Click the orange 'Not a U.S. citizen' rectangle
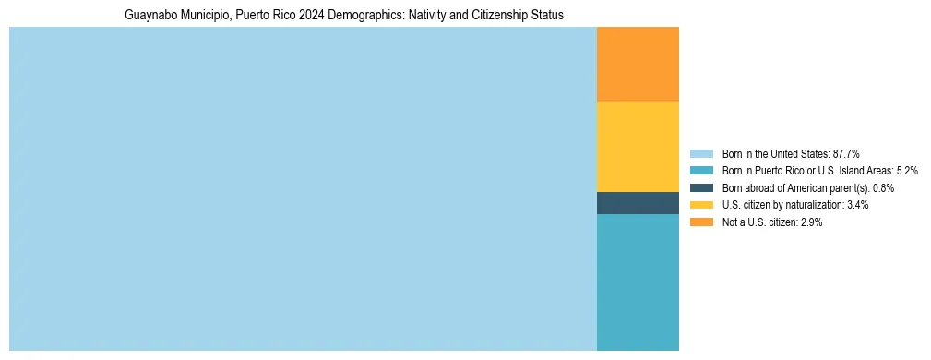(x=638, y=65)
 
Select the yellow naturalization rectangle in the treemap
(x=638, y=147)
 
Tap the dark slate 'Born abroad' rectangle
(x=638, y=203)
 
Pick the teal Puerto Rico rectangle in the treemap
(x=638, y=282)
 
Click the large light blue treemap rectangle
(x=303, y=189)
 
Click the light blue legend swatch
(x=701, y=153)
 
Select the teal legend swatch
(x=701, y=171)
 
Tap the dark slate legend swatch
(x=701, y=187)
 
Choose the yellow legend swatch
(x=701, y=205)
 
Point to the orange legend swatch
(x=701, y=222)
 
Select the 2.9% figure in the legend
(x=809, y=222)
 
